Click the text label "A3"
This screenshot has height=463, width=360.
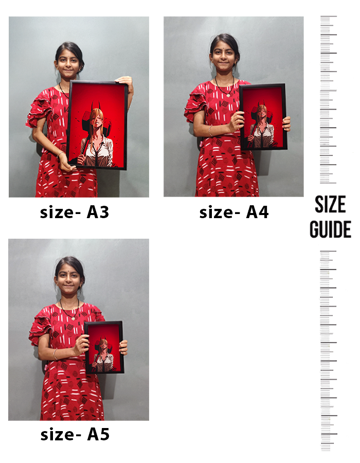click(98, 212)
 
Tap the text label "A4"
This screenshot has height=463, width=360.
click(257, 212)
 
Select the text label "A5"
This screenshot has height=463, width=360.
click(98, 434)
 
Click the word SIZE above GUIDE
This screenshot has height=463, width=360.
click(330, 204)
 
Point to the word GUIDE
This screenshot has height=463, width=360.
click(330, 229)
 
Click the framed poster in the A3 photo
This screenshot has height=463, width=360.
click(97, 125)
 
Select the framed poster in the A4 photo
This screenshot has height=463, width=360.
click(263, 117)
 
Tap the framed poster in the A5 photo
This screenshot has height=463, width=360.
click(104, 347)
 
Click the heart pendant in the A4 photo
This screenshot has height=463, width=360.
click(228, 95)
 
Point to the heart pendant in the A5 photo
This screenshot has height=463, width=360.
click(73, 318)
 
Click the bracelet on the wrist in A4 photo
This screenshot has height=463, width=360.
click(210, 131)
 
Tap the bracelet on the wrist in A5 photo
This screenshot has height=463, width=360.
click(55, 354)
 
